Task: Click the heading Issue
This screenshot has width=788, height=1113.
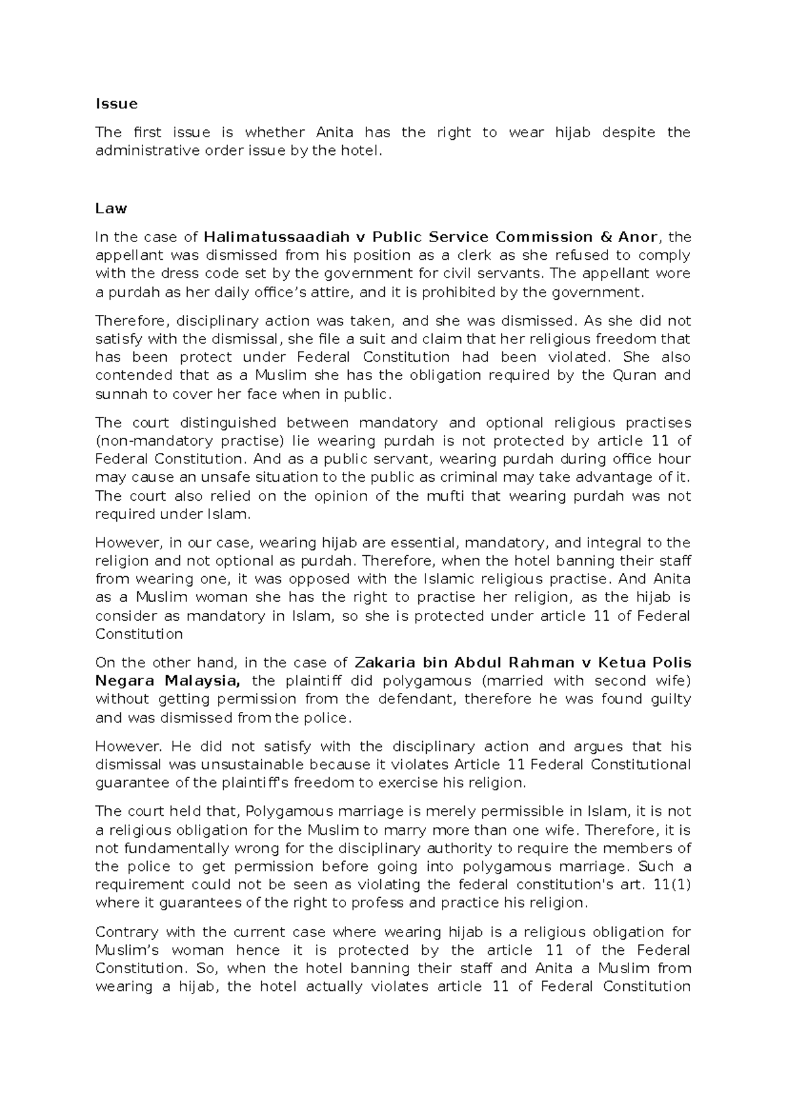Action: (116, 104)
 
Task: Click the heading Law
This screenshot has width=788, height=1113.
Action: (111, 208)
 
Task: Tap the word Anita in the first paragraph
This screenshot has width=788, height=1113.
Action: (334, 133)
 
